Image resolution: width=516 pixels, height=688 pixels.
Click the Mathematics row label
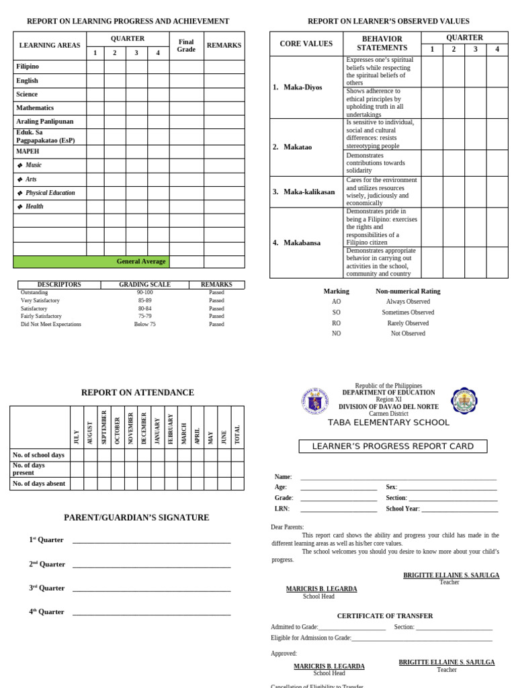[35, 108]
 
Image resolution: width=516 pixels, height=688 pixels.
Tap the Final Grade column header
[186, 46]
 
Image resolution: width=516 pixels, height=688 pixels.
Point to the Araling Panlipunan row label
[45, 122]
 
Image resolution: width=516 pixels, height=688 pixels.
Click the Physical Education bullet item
[50, 193]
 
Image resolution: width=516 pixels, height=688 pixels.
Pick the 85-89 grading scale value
[145, 300]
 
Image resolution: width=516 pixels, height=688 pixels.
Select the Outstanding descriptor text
[34, 292]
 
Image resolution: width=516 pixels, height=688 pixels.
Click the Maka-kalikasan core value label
[308, 191]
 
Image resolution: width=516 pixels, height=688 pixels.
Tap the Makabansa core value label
[302, 243]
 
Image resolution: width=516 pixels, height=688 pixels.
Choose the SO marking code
[336, 312]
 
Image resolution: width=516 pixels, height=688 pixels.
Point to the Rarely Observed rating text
[408, 323]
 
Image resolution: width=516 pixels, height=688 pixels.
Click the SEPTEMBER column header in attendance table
[103, 427]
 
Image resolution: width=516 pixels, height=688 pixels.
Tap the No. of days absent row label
[39, 483]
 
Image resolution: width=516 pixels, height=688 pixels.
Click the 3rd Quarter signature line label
[47, 588]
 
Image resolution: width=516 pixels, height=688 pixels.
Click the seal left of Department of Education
[314, 402]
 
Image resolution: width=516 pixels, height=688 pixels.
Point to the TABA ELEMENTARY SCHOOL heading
[388, 423]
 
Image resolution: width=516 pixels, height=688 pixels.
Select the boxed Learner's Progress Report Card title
[393, 446]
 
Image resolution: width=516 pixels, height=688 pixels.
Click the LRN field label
[282, 509]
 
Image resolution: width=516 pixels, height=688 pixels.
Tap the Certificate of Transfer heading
[384, 615]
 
